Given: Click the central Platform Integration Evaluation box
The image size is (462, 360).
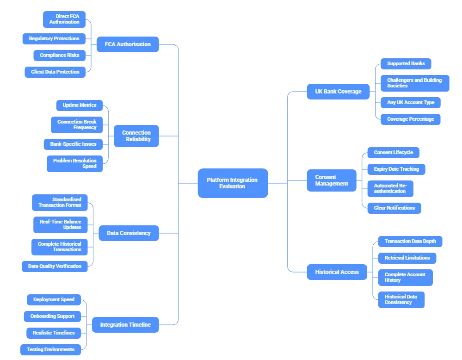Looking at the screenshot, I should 232,183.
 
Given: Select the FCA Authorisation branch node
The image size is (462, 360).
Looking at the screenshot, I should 128,44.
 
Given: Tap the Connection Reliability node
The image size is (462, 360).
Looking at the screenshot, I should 136,136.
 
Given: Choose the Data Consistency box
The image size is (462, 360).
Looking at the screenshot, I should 129,233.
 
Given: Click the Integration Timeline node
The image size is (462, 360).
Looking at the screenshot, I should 125,325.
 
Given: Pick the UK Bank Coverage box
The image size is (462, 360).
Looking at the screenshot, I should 339,92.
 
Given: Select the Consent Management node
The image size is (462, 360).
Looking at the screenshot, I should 332,180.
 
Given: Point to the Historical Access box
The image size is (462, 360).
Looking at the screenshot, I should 337,272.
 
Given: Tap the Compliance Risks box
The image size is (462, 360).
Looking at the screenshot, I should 59,56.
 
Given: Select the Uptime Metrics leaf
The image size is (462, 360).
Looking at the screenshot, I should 80,106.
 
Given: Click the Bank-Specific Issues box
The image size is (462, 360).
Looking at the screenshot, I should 73,144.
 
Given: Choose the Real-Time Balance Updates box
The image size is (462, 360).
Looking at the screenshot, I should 60,225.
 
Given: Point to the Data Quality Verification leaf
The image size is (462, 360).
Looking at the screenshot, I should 55,267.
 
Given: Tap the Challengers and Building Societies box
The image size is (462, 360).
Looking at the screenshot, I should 414,83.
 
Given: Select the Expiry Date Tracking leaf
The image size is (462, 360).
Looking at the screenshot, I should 396,169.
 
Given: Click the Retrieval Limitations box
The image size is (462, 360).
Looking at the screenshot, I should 407,258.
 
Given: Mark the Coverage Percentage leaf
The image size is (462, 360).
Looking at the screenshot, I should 410,119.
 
